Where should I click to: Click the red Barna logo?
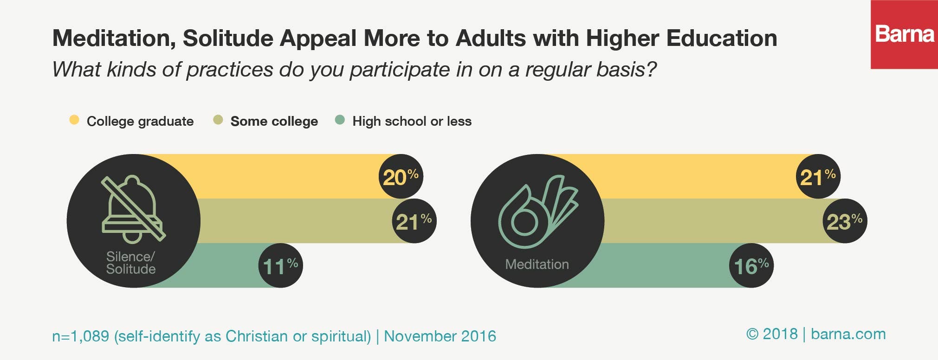[904, 35]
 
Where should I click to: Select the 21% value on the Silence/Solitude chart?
[414, 221]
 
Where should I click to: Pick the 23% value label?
[844, 221]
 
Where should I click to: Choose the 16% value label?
[751, 266]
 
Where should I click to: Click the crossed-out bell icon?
[133, 209]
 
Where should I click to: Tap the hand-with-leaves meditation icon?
[537, 212]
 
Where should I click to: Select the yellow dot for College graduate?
[74, 120]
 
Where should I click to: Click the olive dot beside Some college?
[218, 120]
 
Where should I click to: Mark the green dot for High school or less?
[340, 120]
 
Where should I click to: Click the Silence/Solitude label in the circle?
[131, 263]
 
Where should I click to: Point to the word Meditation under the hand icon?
[537, 264]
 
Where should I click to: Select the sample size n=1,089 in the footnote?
[80, 336]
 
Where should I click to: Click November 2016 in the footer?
[440, 336]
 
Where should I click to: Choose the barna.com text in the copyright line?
[848, 334]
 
